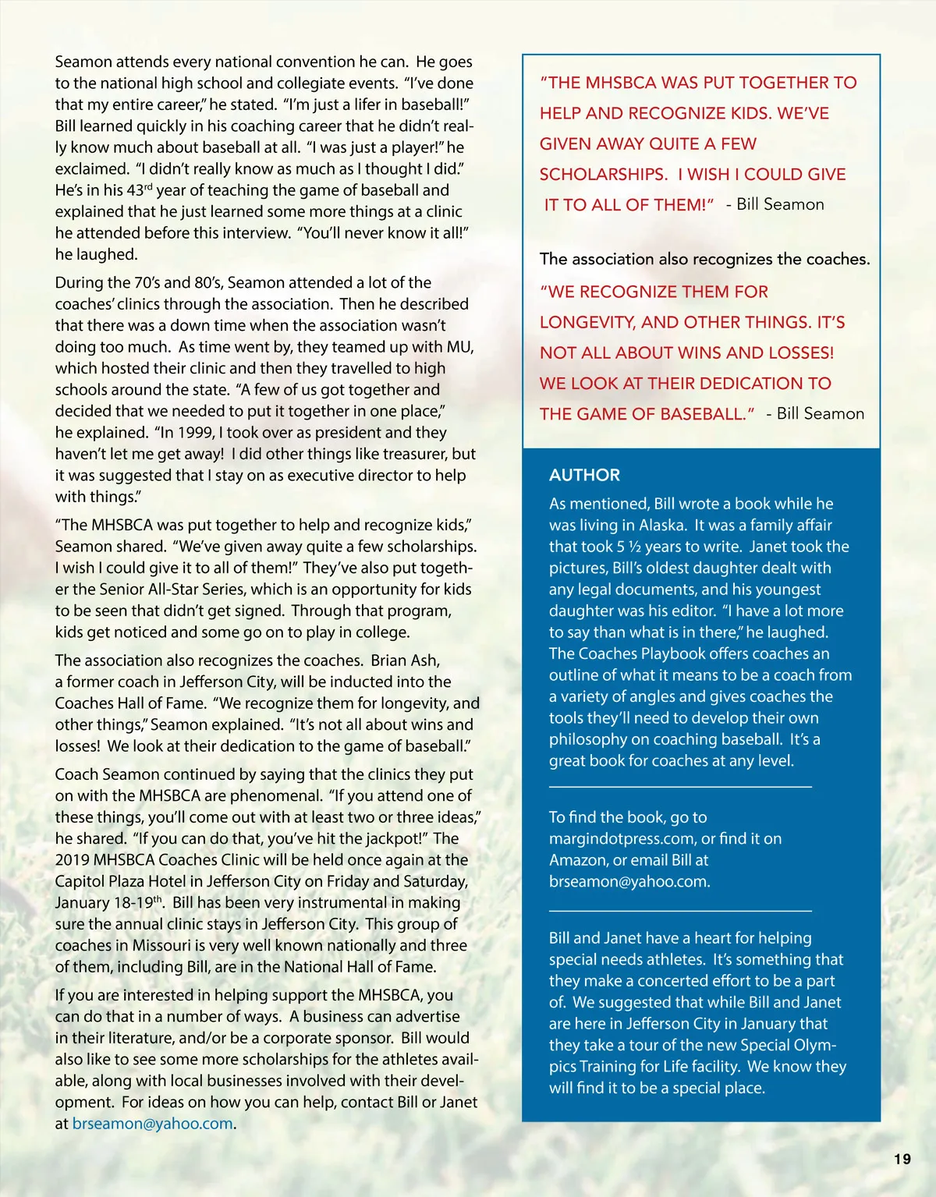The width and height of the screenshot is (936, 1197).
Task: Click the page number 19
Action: tap(902, 1159)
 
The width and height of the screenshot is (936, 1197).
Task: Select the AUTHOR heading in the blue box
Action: tap(584, 475)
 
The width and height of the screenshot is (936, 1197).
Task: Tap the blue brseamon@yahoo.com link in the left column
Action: tap(152, 1124)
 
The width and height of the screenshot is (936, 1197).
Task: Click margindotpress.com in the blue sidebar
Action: tap(622, 839)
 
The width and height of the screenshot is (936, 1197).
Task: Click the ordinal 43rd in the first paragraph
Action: tap(139, 190)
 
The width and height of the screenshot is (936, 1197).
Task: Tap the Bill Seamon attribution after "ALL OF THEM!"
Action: tap(780, 204)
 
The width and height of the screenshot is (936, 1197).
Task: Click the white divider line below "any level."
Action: tap(680, 787)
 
